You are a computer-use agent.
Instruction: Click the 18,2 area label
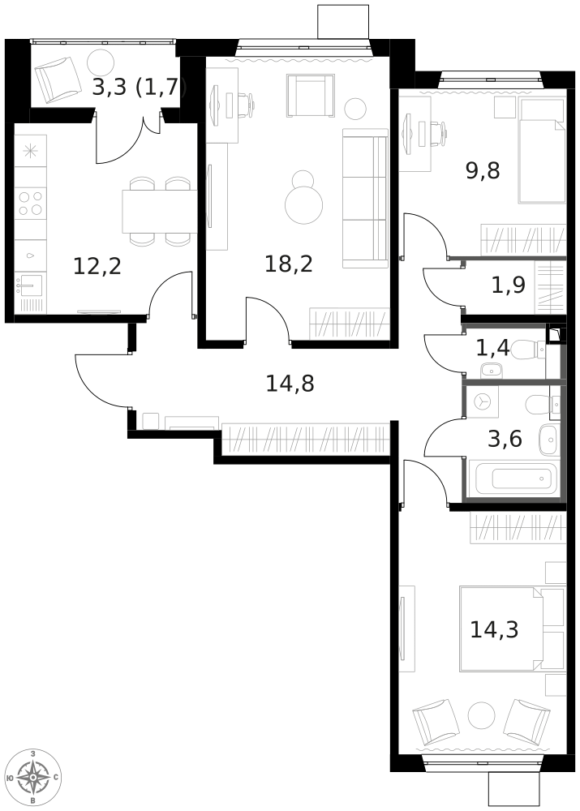[x=289, y=264]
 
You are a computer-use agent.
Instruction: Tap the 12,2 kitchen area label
[x=97, y=266]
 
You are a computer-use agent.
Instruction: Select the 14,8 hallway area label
[x=290, y=384]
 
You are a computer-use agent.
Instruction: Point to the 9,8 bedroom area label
[x=483, y=170]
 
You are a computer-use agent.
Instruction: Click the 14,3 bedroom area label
[x=494, y=630]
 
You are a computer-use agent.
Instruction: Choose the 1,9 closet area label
[x=508, y=285]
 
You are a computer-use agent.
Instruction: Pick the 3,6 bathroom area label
[x=505, y=439]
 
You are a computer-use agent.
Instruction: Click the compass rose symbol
[x=33, y=778]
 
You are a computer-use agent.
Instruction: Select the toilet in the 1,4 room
[x=531, y=350]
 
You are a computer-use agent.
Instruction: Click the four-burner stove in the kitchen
[x=30, y=203]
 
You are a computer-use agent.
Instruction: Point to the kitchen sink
[x=30, y=284]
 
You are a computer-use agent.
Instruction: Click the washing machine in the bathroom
[x=482, y=402]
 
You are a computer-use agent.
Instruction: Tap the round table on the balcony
[x=101, y=63]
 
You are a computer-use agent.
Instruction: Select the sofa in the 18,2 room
[x=365, y=199]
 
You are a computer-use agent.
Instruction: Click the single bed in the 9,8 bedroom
[x=542, y=150]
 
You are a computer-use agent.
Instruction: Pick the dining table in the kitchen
[x=160, y=211]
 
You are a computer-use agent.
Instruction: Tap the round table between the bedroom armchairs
[x=482, y=716]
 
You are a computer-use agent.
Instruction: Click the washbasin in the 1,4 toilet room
[x=491, y=371]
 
